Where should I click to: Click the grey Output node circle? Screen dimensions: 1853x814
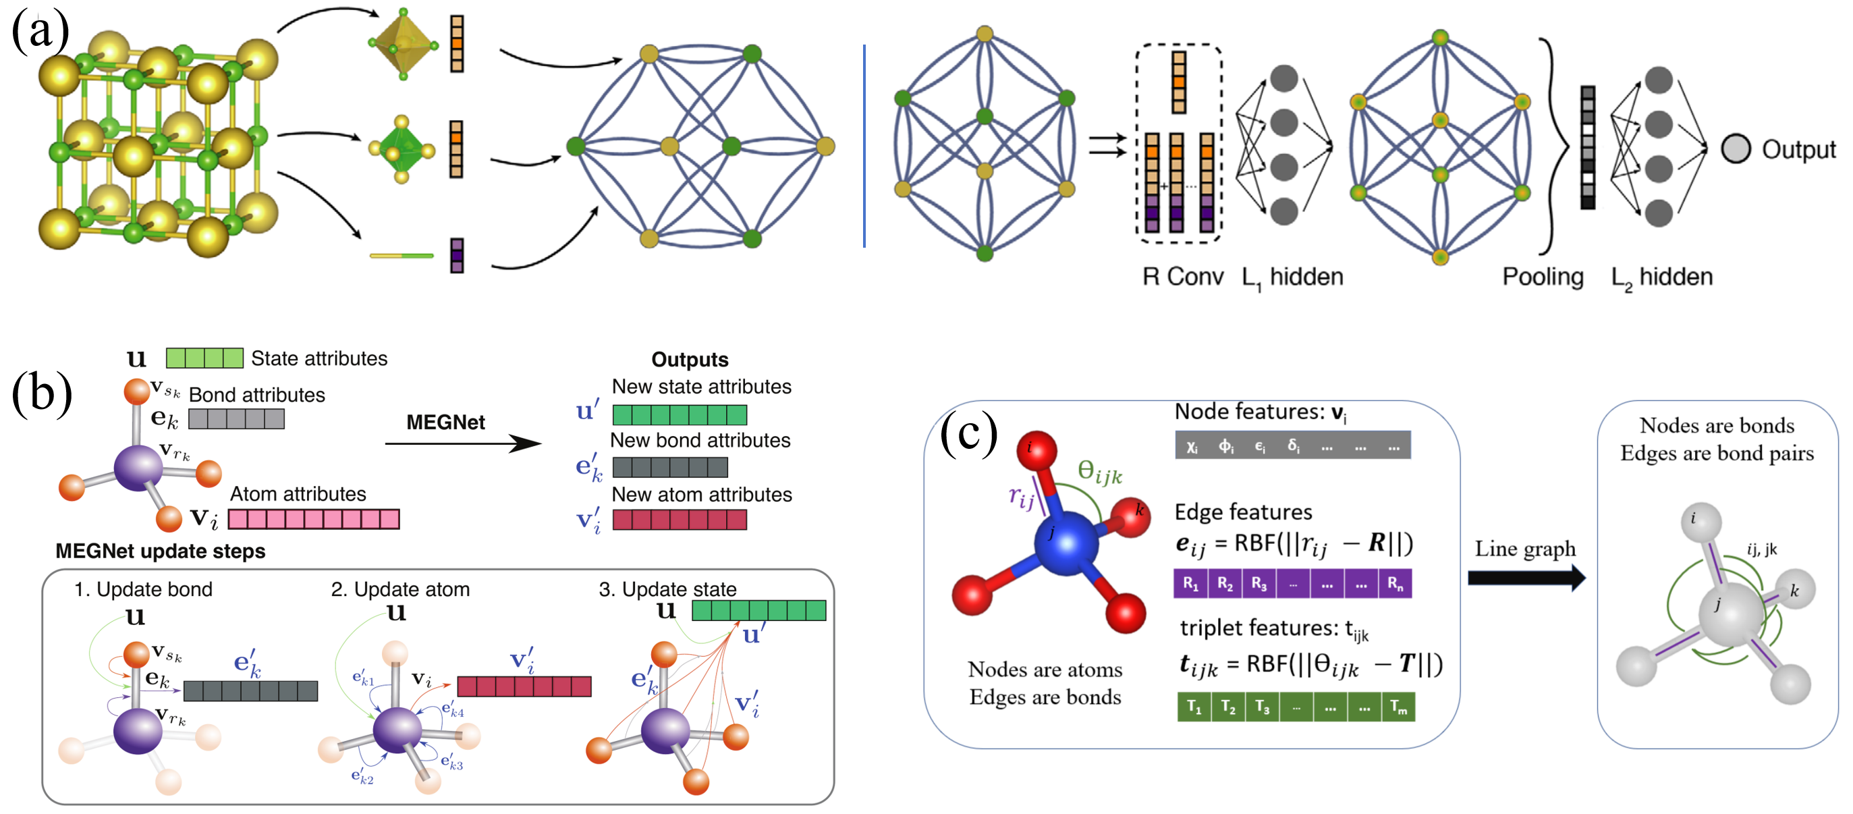[x=1734, y=149]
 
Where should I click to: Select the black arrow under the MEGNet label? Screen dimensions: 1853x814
[x=462, y=443]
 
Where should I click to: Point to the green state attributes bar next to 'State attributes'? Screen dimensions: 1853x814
[x=204, y=358]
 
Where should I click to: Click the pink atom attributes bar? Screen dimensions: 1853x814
[x=314, y=519]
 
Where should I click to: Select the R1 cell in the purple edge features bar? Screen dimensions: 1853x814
[x=1191, y=583]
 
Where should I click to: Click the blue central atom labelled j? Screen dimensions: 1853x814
[x=1066, y=544]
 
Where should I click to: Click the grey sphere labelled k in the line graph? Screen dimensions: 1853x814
[x=1795, y=590]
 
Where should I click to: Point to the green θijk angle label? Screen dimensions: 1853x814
[x=1099, y=472]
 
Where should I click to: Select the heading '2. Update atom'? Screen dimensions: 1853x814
[x=400, y=589]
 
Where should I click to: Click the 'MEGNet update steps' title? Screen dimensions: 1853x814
[x=161, y=551]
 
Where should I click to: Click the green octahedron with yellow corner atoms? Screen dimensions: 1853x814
[x=402, y=150]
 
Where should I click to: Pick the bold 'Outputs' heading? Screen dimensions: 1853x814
[x=690, y=359]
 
